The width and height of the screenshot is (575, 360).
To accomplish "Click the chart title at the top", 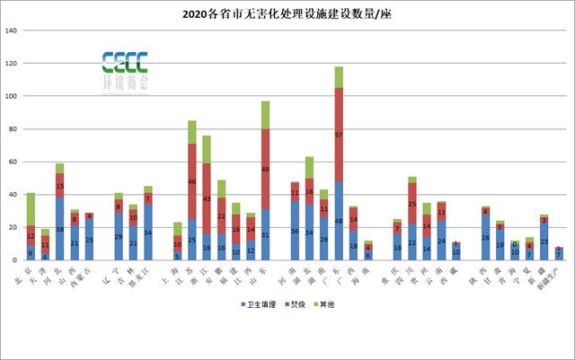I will click(x=287, y=13).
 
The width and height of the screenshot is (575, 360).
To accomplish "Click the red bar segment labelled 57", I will click(x=339, y=135).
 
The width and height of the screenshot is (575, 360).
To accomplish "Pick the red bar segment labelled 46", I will click(x=192, y=181).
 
